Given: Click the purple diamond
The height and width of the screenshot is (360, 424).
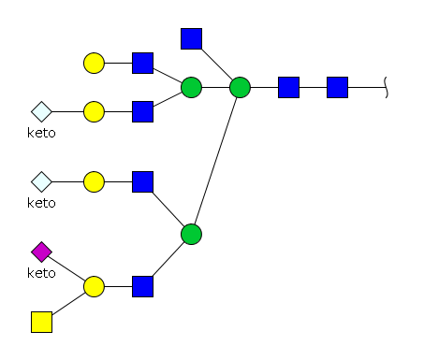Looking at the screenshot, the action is tap(41, 252).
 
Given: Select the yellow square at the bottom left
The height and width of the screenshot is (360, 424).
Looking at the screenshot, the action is tap(41, 322).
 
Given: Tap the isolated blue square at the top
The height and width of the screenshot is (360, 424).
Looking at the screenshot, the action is tap(191, 38).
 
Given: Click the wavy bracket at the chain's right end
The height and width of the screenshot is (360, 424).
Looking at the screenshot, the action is tap(386, 87).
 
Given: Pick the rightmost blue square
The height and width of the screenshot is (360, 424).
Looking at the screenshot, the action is tap(337, 87).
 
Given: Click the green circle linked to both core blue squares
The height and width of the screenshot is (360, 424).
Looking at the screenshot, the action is tap(240, 87).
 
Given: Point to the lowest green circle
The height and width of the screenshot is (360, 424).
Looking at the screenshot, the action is tap(191, 234).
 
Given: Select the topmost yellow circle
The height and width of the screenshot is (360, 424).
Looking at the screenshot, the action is tap(94, 63).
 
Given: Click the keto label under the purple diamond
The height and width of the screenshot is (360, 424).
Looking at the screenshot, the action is tap(41, 273).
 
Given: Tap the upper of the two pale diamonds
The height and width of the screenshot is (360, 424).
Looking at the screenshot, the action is tap(41, 111).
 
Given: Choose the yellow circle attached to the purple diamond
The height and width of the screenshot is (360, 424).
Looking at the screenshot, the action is tap(94, 286).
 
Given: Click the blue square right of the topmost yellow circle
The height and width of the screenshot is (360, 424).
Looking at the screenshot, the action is tap(142, 63).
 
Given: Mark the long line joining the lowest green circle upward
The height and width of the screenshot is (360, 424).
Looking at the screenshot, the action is tap(215, 161).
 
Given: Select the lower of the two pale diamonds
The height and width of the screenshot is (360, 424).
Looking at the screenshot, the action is tap(41, 181).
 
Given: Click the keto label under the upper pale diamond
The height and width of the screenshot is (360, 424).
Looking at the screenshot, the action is tap(41, 133).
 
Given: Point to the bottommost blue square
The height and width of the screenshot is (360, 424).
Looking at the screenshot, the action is tap(142, 286).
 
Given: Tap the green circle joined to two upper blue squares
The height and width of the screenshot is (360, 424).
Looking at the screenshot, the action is tap(191, 87).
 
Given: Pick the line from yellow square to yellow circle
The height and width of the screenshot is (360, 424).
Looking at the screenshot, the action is tap(68, 303).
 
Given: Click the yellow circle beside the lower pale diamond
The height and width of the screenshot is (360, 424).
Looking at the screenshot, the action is tap(94, 181).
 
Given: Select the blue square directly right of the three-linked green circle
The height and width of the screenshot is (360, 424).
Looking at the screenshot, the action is tap(288, 87).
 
